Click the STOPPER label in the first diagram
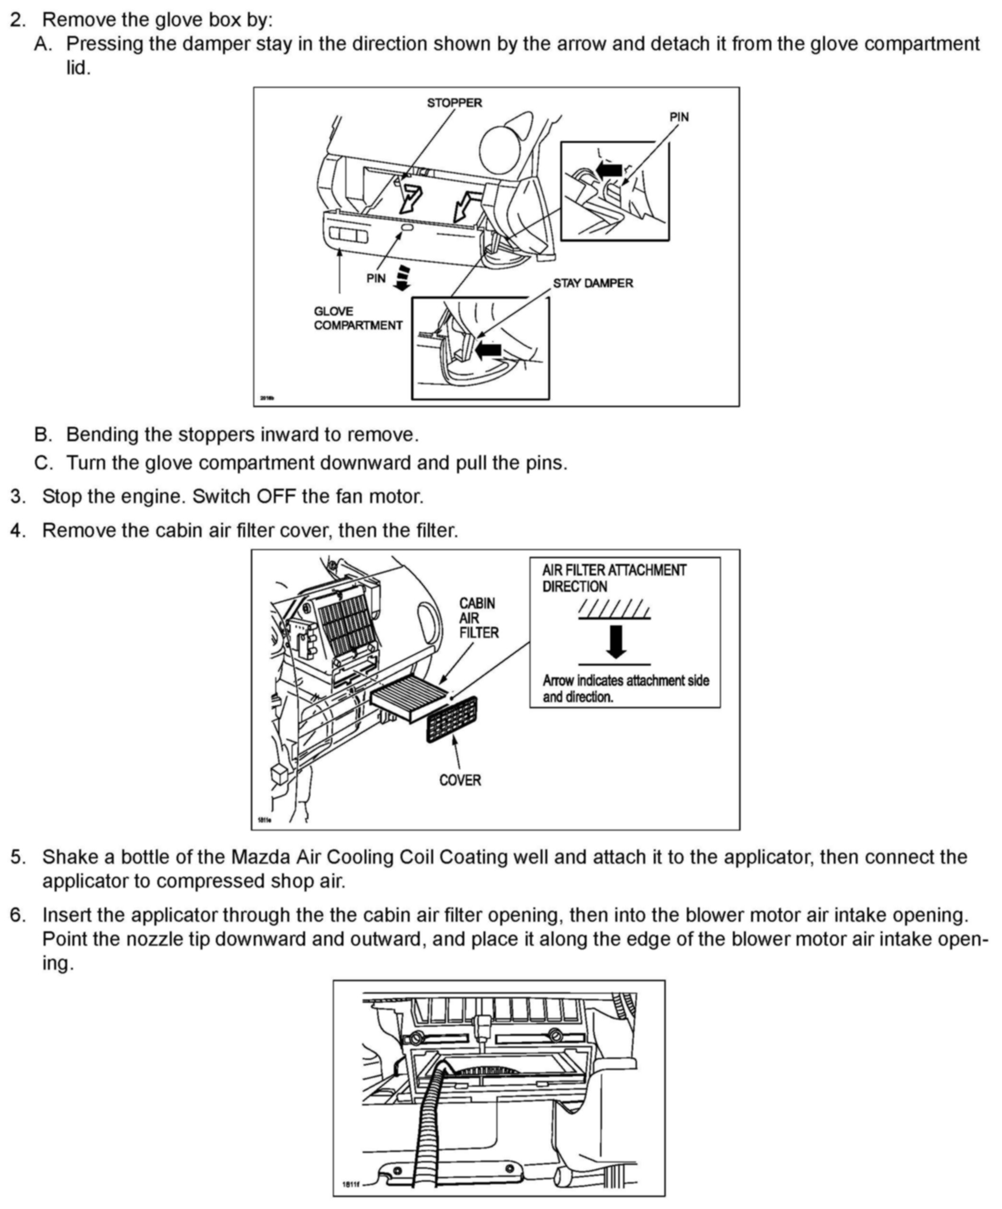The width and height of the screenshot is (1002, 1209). tap(454, 103)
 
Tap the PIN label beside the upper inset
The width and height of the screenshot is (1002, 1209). tap(678, 117)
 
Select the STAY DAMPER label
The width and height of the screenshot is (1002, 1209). tap(592, 283)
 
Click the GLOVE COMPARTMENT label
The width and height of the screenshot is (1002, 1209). tap(358, 318)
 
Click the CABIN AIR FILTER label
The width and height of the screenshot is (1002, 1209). tap(478, 618)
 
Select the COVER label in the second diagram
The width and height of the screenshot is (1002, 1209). tap(460, 780)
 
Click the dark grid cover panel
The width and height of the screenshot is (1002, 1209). tap(451, 720)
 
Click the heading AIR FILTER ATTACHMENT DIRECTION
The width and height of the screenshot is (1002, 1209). tap(614, 578)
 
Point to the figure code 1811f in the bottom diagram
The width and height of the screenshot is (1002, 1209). tap(350, 1184)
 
